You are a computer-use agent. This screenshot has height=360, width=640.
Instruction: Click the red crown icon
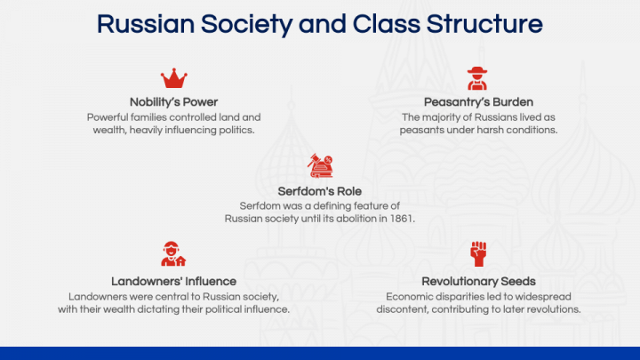point(173,78)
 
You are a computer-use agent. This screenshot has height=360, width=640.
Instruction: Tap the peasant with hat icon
point(478,78)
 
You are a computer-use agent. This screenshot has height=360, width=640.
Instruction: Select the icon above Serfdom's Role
point(319,164)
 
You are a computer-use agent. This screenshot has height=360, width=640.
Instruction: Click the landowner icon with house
point(173,254)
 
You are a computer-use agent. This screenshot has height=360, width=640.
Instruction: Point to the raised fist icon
point(478,254)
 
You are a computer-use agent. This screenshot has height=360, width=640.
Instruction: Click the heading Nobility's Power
point(173,101)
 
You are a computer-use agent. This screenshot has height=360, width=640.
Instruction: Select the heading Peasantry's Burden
point(478,101)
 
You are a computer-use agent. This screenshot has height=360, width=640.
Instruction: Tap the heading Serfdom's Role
point(319,190)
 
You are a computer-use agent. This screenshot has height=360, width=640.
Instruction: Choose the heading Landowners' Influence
point(173,281)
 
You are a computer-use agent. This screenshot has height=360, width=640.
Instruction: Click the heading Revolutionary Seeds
point(478,281)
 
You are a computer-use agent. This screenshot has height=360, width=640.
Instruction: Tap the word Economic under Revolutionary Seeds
point(411,296)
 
